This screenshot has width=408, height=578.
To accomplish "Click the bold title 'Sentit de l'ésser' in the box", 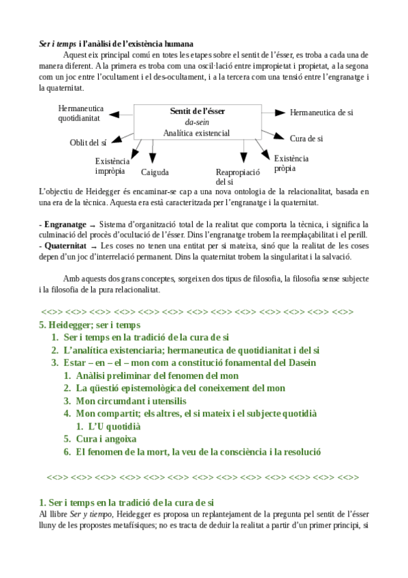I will (198, 110).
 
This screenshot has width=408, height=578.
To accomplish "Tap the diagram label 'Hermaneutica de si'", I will (321, 112).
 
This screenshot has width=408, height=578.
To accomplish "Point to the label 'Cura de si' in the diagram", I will (306, 138).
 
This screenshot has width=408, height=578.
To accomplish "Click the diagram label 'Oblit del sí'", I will (88, 142).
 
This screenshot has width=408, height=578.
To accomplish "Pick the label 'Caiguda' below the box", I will (155, 172).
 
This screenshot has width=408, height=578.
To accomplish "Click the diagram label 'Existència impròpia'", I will (112, 166).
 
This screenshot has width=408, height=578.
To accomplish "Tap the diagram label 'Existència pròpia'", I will (291, 163).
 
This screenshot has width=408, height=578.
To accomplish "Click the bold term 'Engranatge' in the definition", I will (65, 224).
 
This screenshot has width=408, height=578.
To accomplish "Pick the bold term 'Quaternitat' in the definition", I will (65, 246).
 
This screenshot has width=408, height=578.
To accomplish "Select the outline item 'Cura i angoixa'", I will (106, 439).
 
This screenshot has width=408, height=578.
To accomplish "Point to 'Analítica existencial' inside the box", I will (197, 133).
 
